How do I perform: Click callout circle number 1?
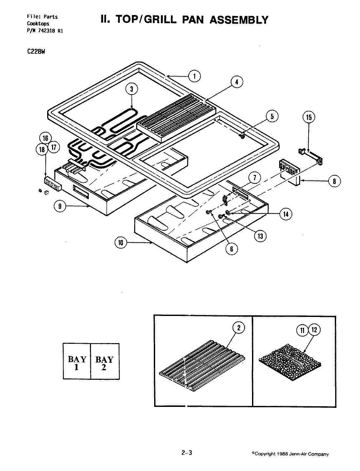click(194, 76)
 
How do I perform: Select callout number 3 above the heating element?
click(132, 89)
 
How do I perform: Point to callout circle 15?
click(309, 117)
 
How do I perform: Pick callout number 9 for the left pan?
click(61, 206)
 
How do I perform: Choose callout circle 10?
click(121, 242)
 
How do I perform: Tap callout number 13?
click(260, 236)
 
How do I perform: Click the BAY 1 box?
click(77, 361)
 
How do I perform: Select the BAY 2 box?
click(104, 361)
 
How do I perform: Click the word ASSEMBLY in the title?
click(239, 20)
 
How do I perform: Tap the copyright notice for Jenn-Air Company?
click(290, 454)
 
